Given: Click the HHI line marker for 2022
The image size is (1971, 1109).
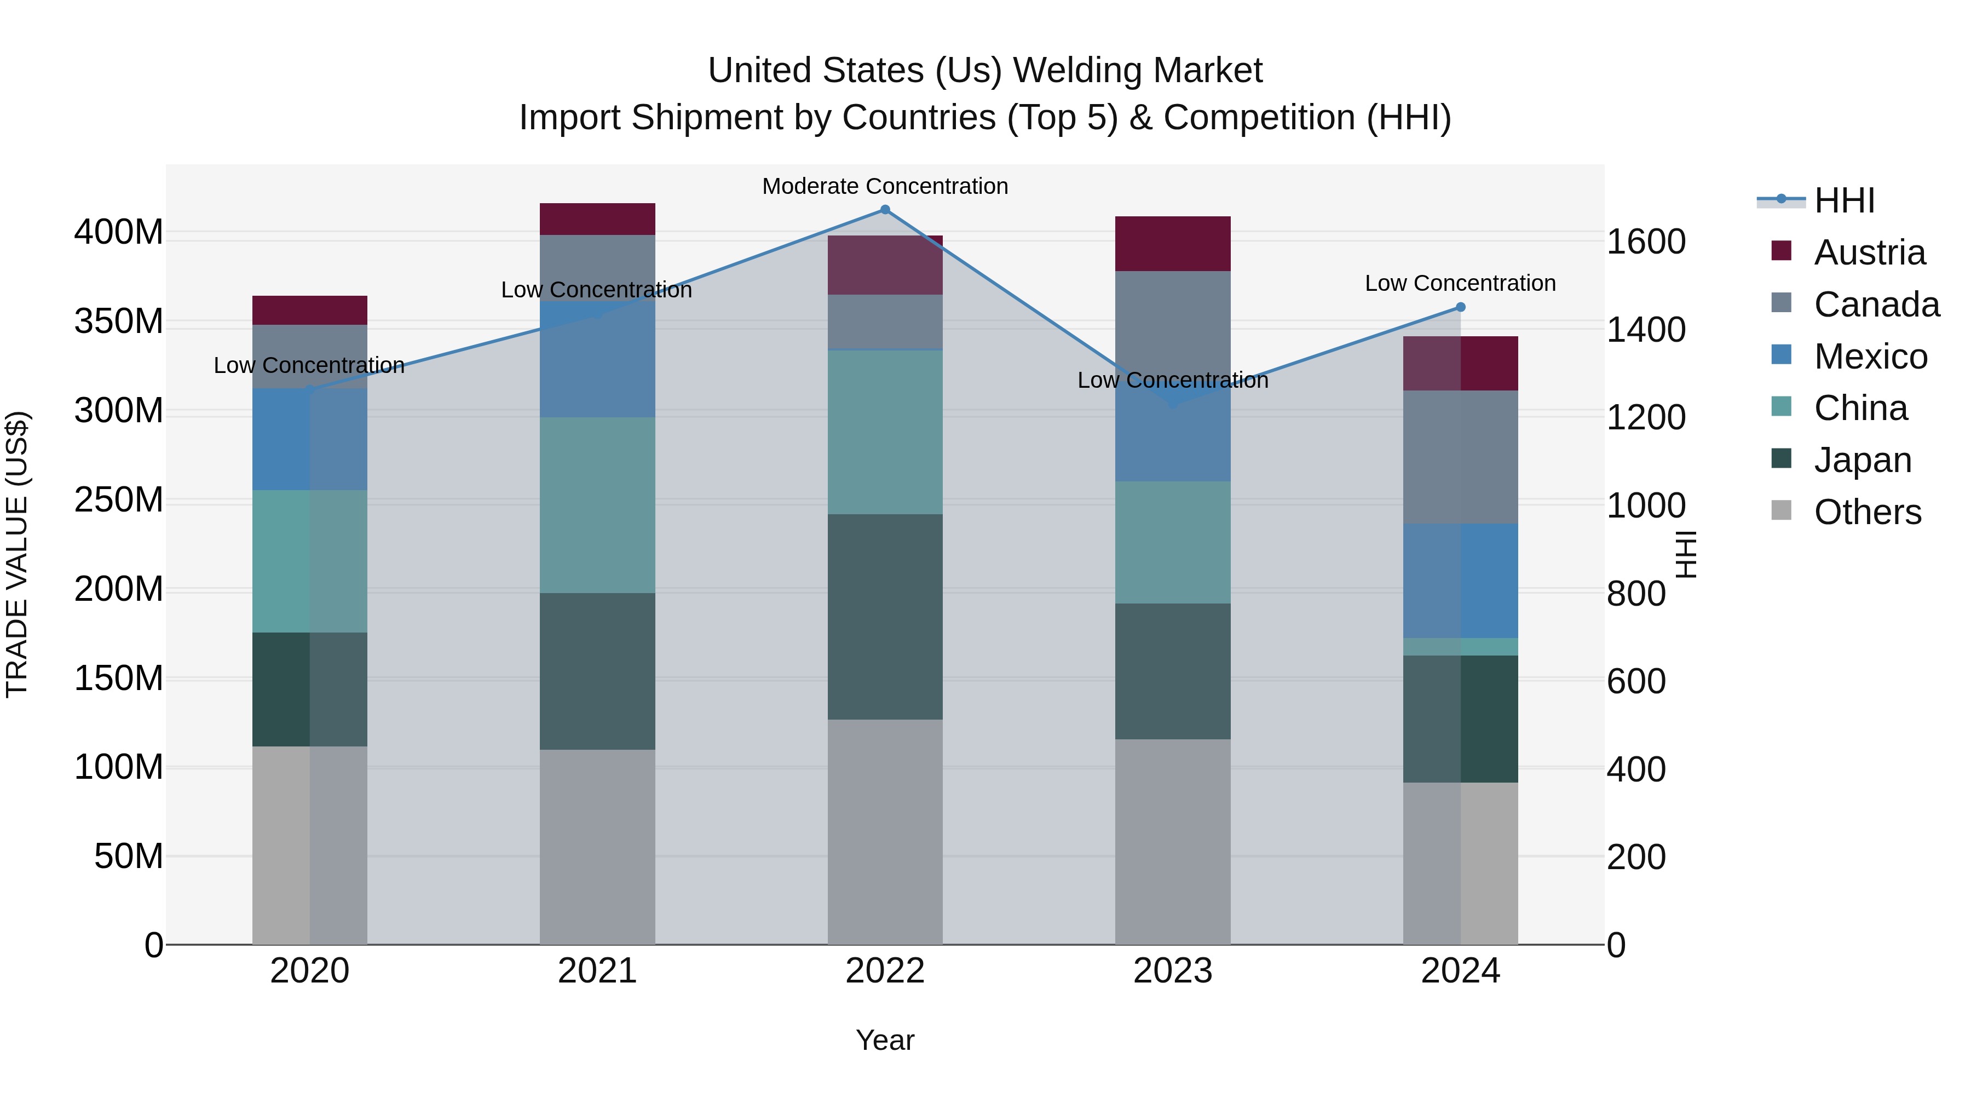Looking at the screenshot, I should [x=885, y=210].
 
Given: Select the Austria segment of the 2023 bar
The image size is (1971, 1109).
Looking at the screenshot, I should [x=1172, y=243].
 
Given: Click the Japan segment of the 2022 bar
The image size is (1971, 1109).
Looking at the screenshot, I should [x=885, y=616].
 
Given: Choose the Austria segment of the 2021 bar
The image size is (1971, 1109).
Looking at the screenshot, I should [x=597, y=219].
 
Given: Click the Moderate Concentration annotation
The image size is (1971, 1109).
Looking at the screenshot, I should [x=885, y=186].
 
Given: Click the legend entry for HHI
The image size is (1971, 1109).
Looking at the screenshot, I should [x=1843, y=200].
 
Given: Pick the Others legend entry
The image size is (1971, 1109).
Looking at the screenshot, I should [x=1866, y=512].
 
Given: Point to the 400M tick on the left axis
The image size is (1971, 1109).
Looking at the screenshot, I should [x=119, y=232].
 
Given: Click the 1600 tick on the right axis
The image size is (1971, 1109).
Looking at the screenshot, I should [x=1646, y=242].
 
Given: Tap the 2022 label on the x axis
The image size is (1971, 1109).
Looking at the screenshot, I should [x=885, y=971].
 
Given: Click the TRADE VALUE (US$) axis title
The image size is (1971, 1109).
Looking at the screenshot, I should [x=17, y=554].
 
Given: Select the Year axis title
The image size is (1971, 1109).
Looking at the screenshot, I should [x=885, y=1040].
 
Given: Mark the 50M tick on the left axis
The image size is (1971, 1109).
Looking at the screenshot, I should [x=129, y=857].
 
